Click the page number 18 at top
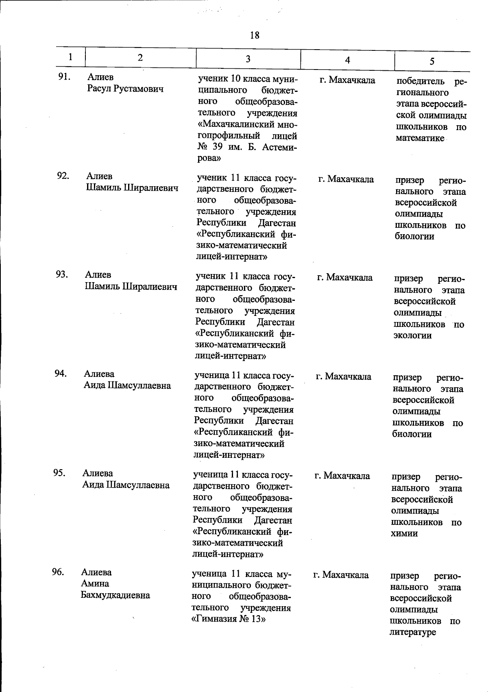255,35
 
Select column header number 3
248,59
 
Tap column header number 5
432,61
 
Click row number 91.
64,77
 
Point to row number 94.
61,373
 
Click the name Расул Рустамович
125,89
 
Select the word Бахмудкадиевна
115,595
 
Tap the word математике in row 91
420,138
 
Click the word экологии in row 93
412,335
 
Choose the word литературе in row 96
412,632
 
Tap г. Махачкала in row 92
346,179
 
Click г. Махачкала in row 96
341,575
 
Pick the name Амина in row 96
95,584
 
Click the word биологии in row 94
412,434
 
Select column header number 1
71,57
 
